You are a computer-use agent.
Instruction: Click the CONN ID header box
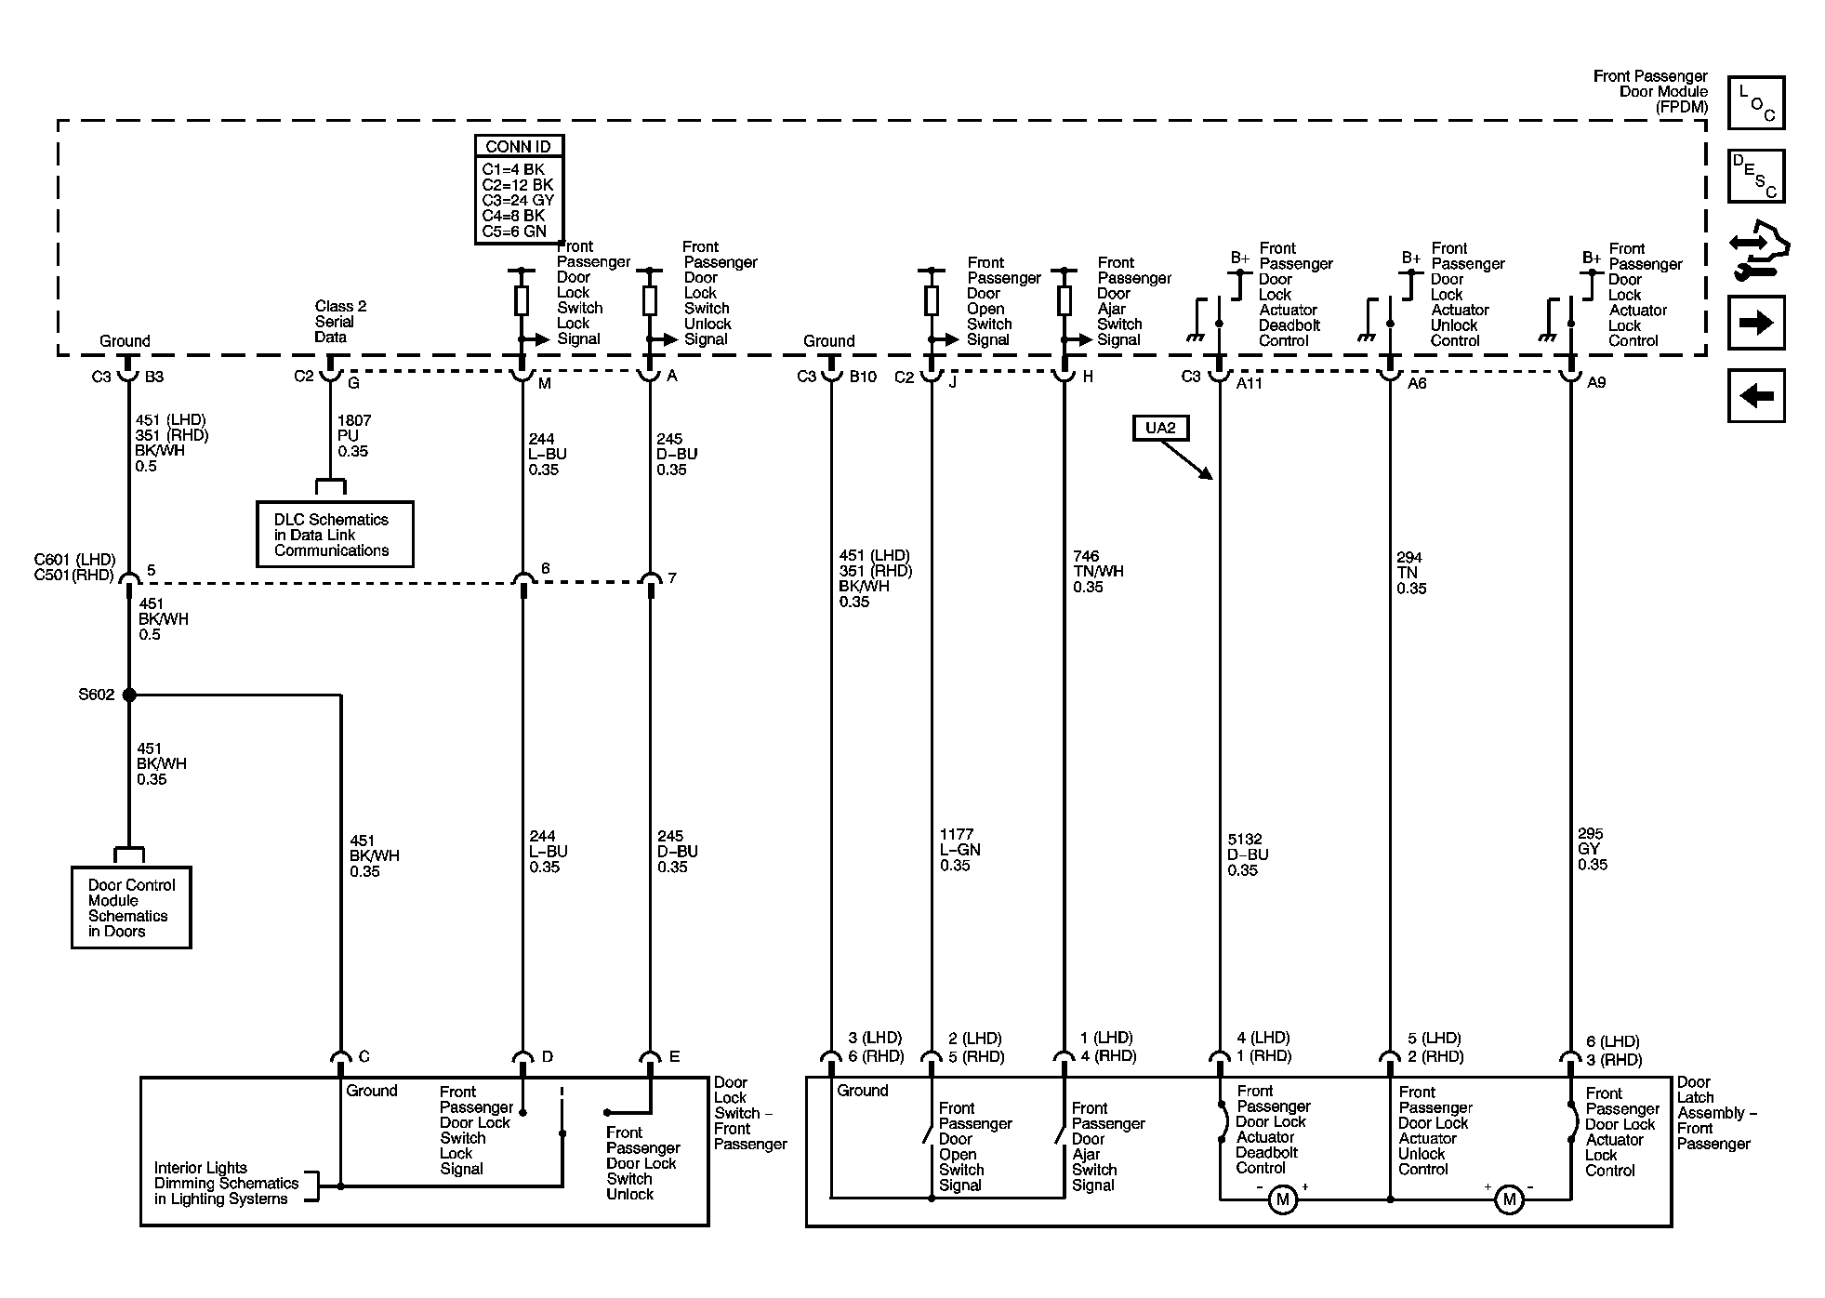[519, 146]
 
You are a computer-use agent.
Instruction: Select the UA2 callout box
[1160, 428]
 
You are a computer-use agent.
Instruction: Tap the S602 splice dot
[129, 695]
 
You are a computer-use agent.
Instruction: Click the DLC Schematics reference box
[335, 535]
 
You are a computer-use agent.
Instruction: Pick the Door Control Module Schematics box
[131, 907]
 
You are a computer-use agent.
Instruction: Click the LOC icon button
[1756, 102]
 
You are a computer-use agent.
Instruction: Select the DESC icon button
[1756, 176]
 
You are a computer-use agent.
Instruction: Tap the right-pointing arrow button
[1756, 323]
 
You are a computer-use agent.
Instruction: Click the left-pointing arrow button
[1756, 396]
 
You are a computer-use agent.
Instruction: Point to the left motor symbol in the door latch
[1283, 1199]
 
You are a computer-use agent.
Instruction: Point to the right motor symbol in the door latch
[1508, 1199]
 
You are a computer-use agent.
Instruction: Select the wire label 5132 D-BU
[1248, 854]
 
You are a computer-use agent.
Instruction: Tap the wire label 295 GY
[1593, 849]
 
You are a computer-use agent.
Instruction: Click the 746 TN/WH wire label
[1098, 572]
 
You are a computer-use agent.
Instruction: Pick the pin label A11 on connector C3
[1250, 383]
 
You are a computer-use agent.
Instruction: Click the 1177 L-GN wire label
[959, 850]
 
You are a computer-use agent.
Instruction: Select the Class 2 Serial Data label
[340, 322]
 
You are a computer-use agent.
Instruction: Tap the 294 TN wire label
[1411, 573]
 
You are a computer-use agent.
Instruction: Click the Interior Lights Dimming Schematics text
[226, 1183]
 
